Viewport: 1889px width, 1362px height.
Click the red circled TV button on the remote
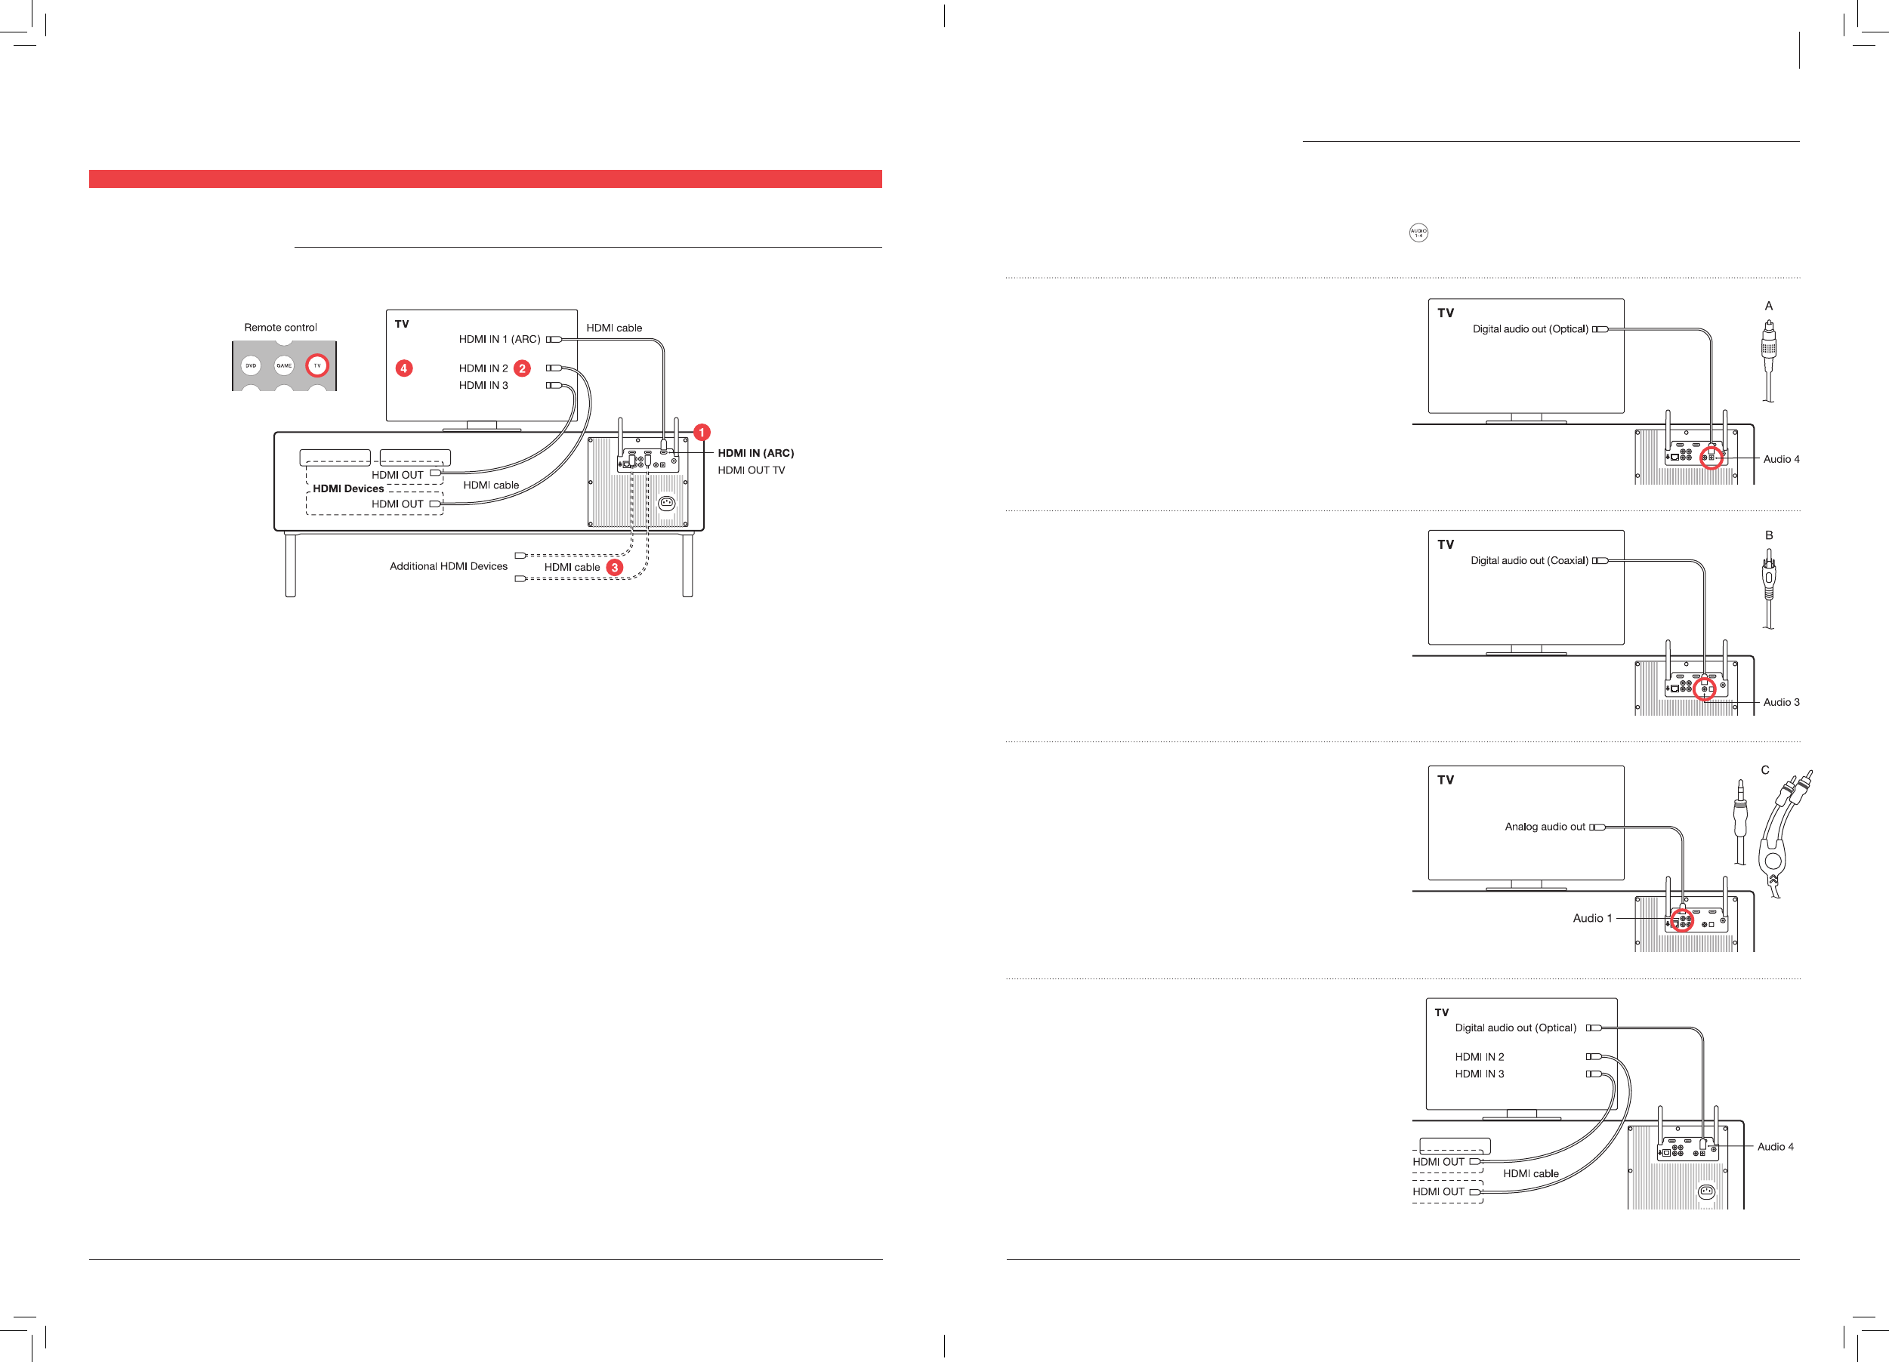tap(317, 365)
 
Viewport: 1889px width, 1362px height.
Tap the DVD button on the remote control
tap(251, 365)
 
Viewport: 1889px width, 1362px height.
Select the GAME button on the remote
tap(284, 365)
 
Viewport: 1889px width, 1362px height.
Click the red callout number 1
tap(702, 432)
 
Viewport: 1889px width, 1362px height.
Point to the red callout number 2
tap(522, 368)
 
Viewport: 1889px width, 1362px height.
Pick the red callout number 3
tap(615, 567)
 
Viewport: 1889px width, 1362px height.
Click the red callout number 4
tap(404, 368)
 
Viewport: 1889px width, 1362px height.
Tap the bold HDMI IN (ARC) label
tap(755, 453)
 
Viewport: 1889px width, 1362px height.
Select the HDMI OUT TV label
tap(751, 470)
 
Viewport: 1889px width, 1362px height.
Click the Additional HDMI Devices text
tap(448, 566)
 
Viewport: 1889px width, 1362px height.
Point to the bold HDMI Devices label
tap(348, 488)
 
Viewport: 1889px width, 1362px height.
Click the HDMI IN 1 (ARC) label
tap(499, 339)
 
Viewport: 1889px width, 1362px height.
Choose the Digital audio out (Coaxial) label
tap(1529, 560)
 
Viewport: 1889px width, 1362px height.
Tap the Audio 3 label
tap(1781, 702)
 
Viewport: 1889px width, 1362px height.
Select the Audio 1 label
tap(1592, 917)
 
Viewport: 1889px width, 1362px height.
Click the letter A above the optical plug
tap(1768, 306)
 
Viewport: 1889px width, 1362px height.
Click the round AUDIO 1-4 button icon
tap(1418, 233)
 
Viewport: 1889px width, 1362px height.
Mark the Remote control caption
tap(281, 327)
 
